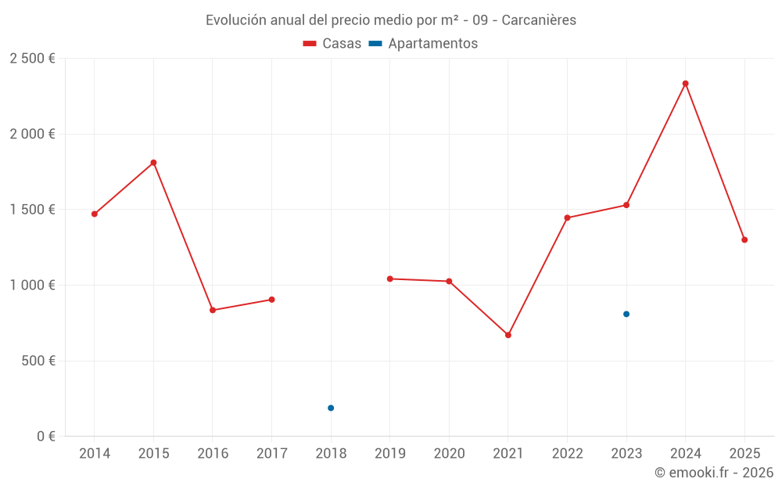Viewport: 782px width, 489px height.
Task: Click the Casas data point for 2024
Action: (x=685, y=84)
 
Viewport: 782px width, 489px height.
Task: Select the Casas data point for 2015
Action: (x=153, y=163)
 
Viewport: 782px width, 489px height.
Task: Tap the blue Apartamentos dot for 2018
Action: (x=331, y=408)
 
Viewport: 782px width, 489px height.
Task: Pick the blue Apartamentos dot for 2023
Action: (x=626, y=314)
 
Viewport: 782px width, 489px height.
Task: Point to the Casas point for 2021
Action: (x=508, y=335)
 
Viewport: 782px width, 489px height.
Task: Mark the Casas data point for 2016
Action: (x=213, y=310)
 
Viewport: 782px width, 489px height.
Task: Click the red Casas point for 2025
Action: (x=744, y=239)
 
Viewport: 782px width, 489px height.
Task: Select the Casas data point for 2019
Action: (x=389, y=279)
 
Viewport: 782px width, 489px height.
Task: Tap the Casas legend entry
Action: (x=332, y=44)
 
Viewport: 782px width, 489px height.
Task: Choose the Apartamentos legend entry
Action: (x=424, y=44)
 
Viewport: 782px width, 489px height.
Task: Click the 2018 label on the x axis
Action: (x=331, y=454)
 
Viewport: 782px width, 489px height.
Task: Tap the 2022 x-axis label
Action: (x=567, y=454)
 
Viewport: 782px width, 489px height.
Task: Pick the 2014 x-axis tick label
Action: (x=95, y=454)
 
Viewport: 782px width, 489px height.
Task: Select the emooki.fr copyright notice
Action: (x=713, y=473)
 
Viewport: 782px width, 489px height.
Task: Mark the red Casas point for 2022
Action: (x=567, y=218)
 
